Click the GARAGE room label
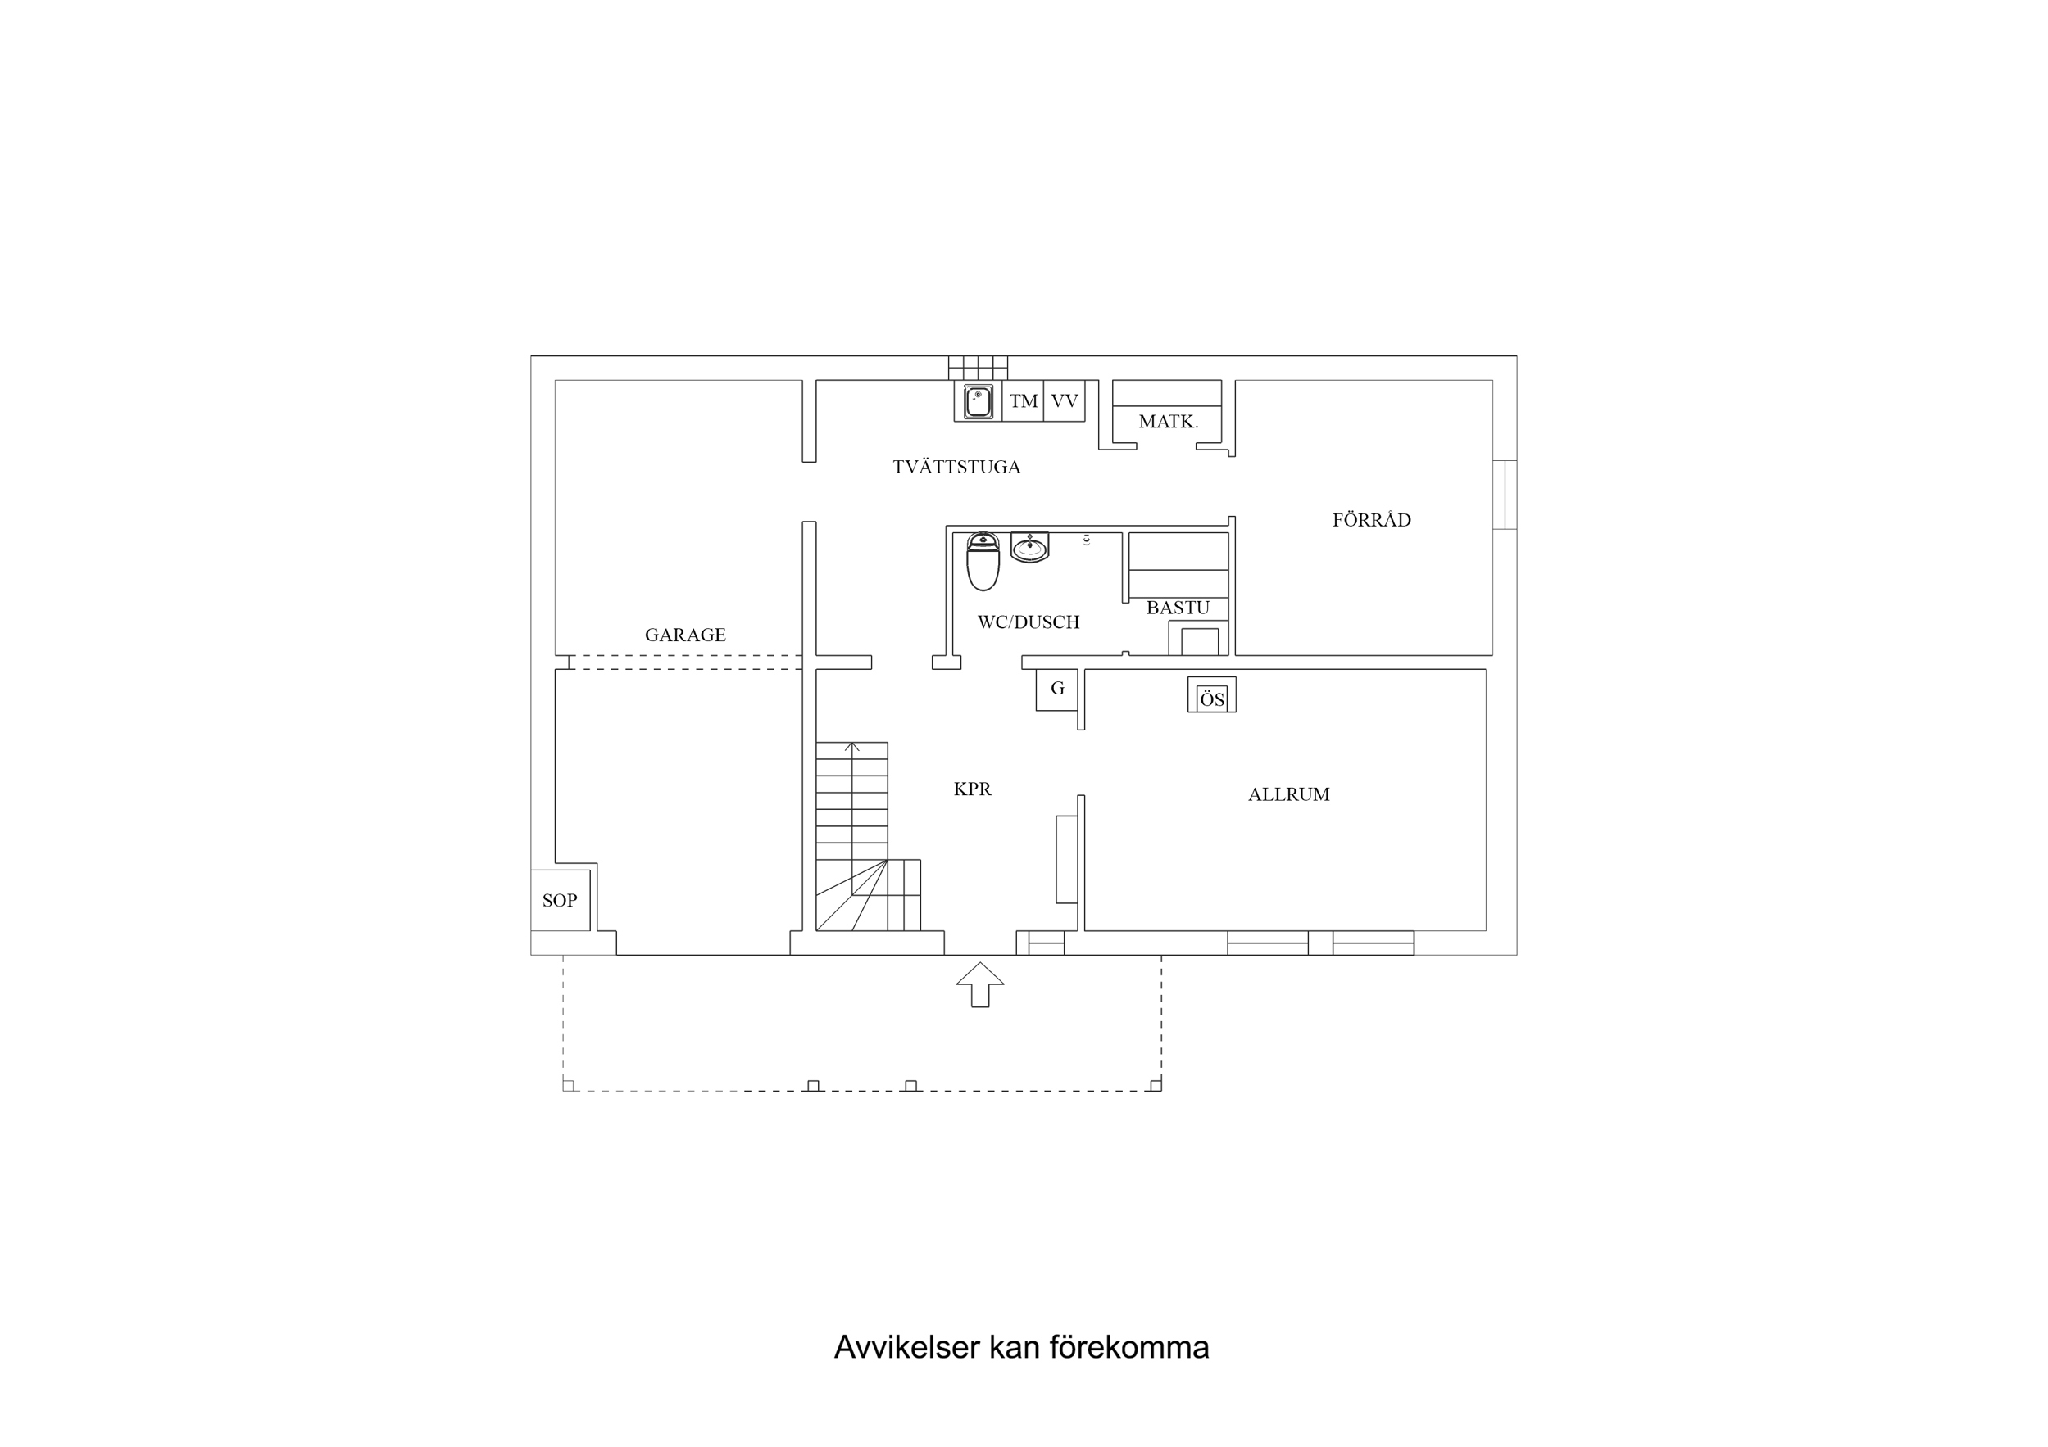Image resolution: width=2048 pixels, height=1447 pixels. pyautogui.click(x=685, y=635)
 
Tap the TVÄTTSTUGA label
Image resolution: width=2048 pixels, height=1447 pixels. pyautogui.click(x=956, y=467)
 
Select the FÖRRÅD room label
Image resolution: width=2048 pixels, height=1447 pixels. pyautogui.click(x=1371, y=520)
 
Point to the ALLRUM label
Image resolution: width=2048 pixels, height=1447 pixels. pyautogui.click(x=1288, y=794)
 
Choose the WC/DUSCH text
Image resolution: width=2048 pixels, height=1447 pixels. pyautogui.click(x=1028, y=622)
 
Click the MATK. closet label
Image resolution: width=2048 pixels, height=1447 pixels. pyautogui.click(x=1168, y=422)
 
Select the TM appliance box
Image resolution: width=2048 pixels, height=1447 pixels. pyautogui.click(x=1023, y=401)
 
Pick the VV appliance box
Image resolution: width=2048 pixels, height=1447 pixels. pyautogui.click(x=1064, y=401)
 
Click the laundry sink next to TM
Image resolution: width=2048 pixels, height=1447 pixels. pyautogui.click(x=979, y=401)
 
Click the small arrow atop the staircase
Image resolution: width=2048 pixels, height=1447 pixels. pyautogui.click(x=851, y=747)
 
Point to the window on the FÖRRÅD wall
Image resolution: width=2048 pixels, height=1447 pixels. pyautogui.click(x=1504, y=494)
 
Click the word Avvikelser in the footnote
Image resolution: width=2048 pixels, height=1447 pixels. pyautogui.click(x=906, y=1347)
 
